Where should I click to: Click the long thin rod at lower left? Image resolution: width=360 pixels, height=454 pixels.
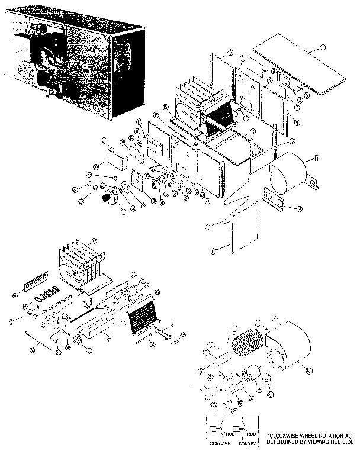[42, 342]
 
